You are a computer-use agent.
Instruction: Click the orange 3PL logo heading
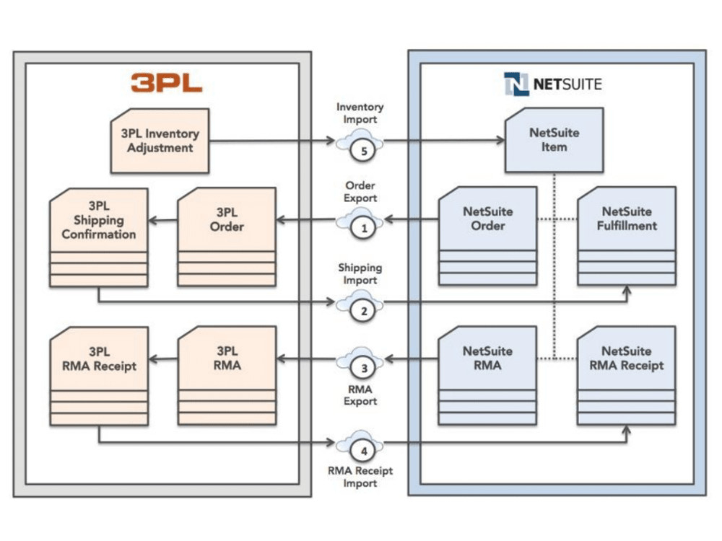click(x=167, y=83)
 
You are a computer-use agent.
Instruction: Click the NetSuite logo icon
click(x=516, y=84)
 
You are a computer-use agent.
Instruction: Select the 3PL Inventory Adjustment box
click(x=160, y=141)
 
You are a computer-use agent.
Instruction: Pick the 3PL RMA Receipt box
click(x=98, y=375)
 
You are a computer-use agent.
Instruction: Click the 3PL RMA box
click(x=226, y=375)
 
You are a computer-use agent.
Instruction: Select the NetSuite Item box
click(x=554, y=140)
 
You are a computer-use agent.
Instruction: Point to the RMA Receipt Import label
click(x=360, y=477)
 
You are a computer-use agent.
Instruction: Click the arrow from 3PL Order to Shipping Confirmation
click(x=162, y=221)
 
